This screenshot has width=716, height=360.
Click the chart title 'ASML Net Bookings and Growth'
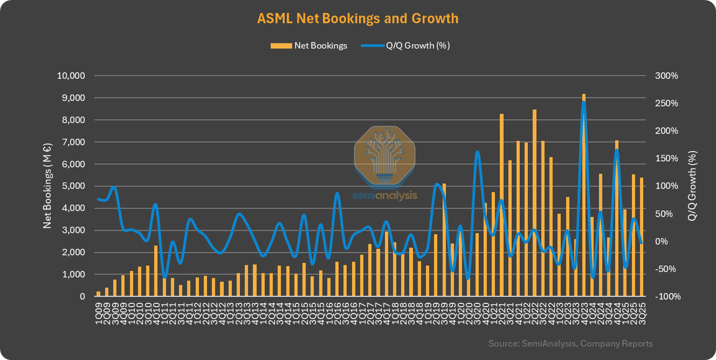[357, 19]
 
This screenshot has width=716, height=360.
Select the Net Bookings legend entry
[308, 45]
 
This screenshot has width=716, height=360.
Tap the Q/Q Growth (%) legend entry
[406, 45]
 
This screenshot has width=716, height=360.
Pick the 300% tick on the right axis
[666, 76]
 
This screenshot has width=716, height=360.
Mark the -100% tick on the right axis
[665, 296]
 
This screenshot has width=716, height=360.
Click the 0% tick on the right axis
[661, 241]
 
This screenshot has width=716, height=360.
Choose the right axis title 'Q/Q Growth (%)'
[692, 186]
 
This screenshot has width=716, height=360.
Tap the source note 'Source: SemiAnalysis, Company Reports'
[570, 343]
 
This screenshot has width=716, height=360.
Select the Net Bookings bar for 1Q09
[98, 294]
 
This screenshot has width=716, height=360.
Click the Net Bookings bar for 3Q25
[641, 237]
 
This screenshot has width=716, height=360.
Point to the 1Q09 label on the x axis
[98, 313]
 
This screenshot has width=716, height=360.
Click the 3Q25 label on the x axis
[641, 313]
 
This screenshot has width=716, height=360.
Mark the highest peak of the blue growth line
[584, 103]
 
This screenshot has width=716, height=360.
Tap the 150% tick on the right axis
[665, 158]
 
